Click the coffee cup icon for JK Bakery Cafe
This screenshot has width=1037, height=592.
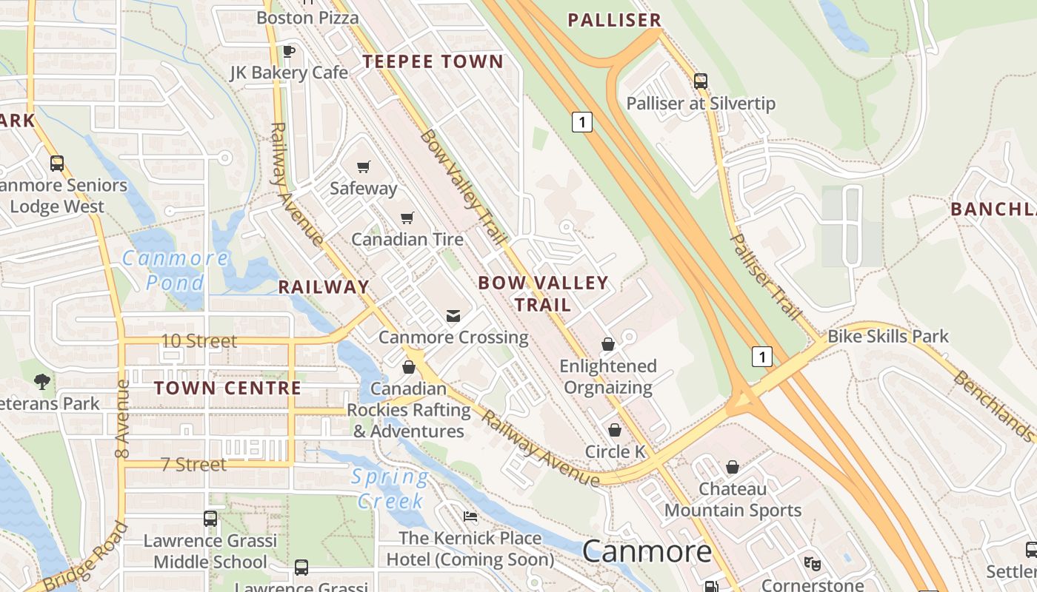pyautogui.click(x=289, y=51)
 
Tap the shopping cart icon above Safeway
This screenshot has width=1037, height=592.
pyautogui.click(x=363, y=166)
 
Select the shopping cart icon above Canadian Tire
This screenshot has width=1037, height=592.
pyautogui.click(x=407, y=218)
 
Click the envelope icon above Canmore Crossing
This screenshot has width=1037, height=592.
pyautogui.click(x=453, y=316)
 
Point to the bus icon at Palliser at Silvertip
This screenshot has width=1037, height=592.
pyautogui.click(x=700, y=81)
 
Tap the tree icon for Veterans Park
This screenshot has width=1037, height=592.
pyautogui.click(x=42, y=382)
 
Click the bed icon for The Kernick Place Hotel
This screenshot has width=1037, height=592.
pyautogui.click(x=470, y=517)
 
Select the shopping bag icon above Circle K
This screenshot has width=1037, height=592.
pyautogui.click(x=614, y=430)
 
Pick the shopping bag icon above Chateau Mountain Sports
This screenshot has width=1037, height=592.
pyautogui.click(x=732, y=467)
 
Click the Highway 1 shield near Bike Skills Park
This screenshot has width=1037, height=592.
pyautogui.click(x=761, y=357)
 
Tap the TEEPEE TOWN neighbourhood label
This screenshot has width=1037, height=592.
pyautogui.click(x=433, y=62)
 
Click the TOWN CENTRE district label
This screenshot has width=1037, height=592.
pyautogui.click(x=227, y=388)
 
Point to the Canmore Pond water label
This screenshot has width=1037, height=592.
pyautogui.click(x=176, y=270)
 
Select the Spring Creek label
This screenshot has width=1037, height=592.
pyautogui.click(x=390, y=489)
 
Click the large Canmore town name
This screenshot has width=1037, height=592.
pyautogui.click(x=647, y=551)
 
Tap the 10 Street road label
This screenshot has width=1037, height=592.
pyautogui.click(x=199, y=341)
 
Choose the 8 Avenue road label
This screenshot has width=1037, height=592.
pyautogui.click(x=123, y=419)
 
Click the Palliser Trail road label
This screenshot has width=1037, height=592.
pyautogui.click(x=766, y=277)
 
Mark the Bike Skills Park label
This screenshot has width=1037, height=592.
pyautogui.click(x=887, y=336)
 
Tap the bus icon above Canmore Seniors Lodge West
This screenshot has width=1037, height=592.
pyautogui.click(x=57, y=164)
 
